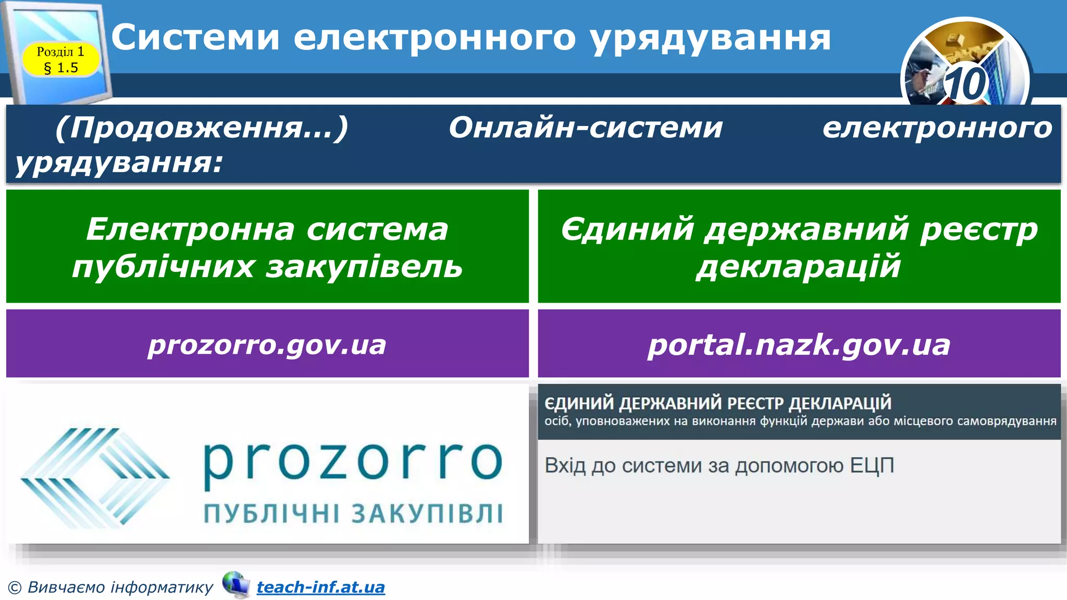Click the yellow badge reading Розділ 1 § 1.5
60,59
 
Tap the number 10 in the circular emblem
965,84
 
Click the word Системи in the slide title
195,37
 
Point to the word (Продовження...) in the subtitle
202,128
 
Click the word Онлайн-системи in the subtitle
586,128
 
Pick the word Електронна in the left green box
192,229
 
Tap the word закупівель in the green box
364,267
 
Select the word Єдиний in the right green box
628,229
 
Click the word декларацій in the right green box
799,267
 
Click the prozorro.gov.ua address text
267,345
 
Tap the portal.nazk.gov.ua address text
799,345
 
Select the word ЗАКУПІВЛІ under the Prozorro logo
427,514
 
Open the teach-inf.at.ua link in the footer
321,587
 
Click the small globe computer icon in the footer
236,584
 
